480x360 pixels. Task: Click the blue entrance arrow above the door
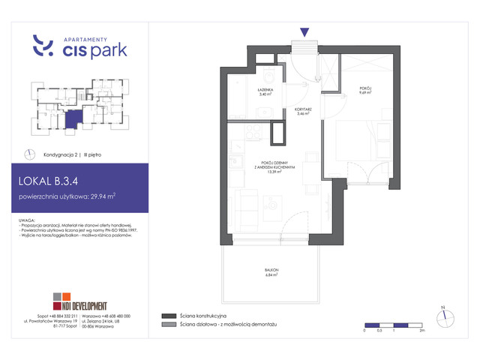tap(304, 32)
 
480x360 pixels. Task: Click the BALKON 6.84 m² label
tap(271, 273)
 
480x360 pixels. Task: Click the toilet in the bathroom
tap(271, 78)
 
